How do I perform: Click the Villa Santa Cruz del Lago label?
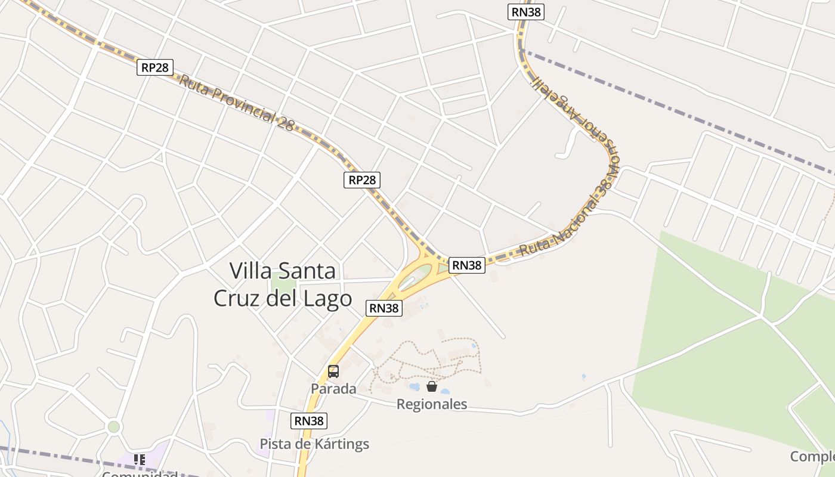[283, 284]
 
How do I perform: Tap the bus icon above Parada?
[333, 371]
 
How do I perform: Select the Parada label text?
[333, 389]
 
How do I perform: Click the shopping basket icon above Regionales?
[432, 387]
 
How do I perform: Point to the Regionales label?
[432, 405]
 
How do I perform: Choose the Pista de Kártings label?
[314, 444]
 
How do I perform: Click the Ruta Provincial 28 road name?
[237, 103]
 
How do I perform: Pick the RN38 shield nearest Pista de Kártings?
[309, 421]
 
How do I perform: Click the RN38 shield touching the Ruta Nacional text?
[466, 265]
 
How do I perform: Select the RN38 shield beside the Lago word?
[384, 308]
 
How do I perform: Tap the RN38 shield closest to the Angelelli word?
[527, 12]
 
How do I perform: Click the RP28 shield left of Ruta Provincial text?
[155, 67]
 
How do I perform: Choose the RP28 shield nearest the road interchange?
[362, 180]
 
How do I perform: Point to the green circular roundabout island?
[113, 427]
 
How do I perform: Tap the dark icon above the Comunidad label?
[140, 460]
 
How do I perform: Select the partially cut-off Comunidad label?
[140, 473]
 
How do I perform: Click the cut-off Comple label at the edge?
[812, 457]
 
